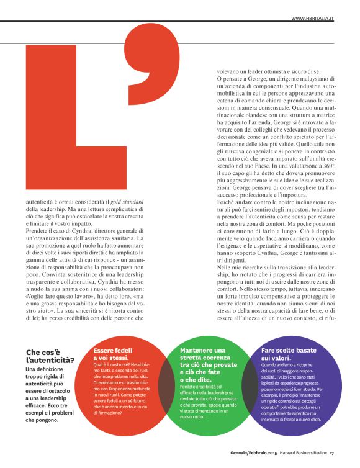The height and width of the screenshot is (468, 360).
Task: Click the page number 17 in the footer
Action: pyautogui.click(x=333, y=451)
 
